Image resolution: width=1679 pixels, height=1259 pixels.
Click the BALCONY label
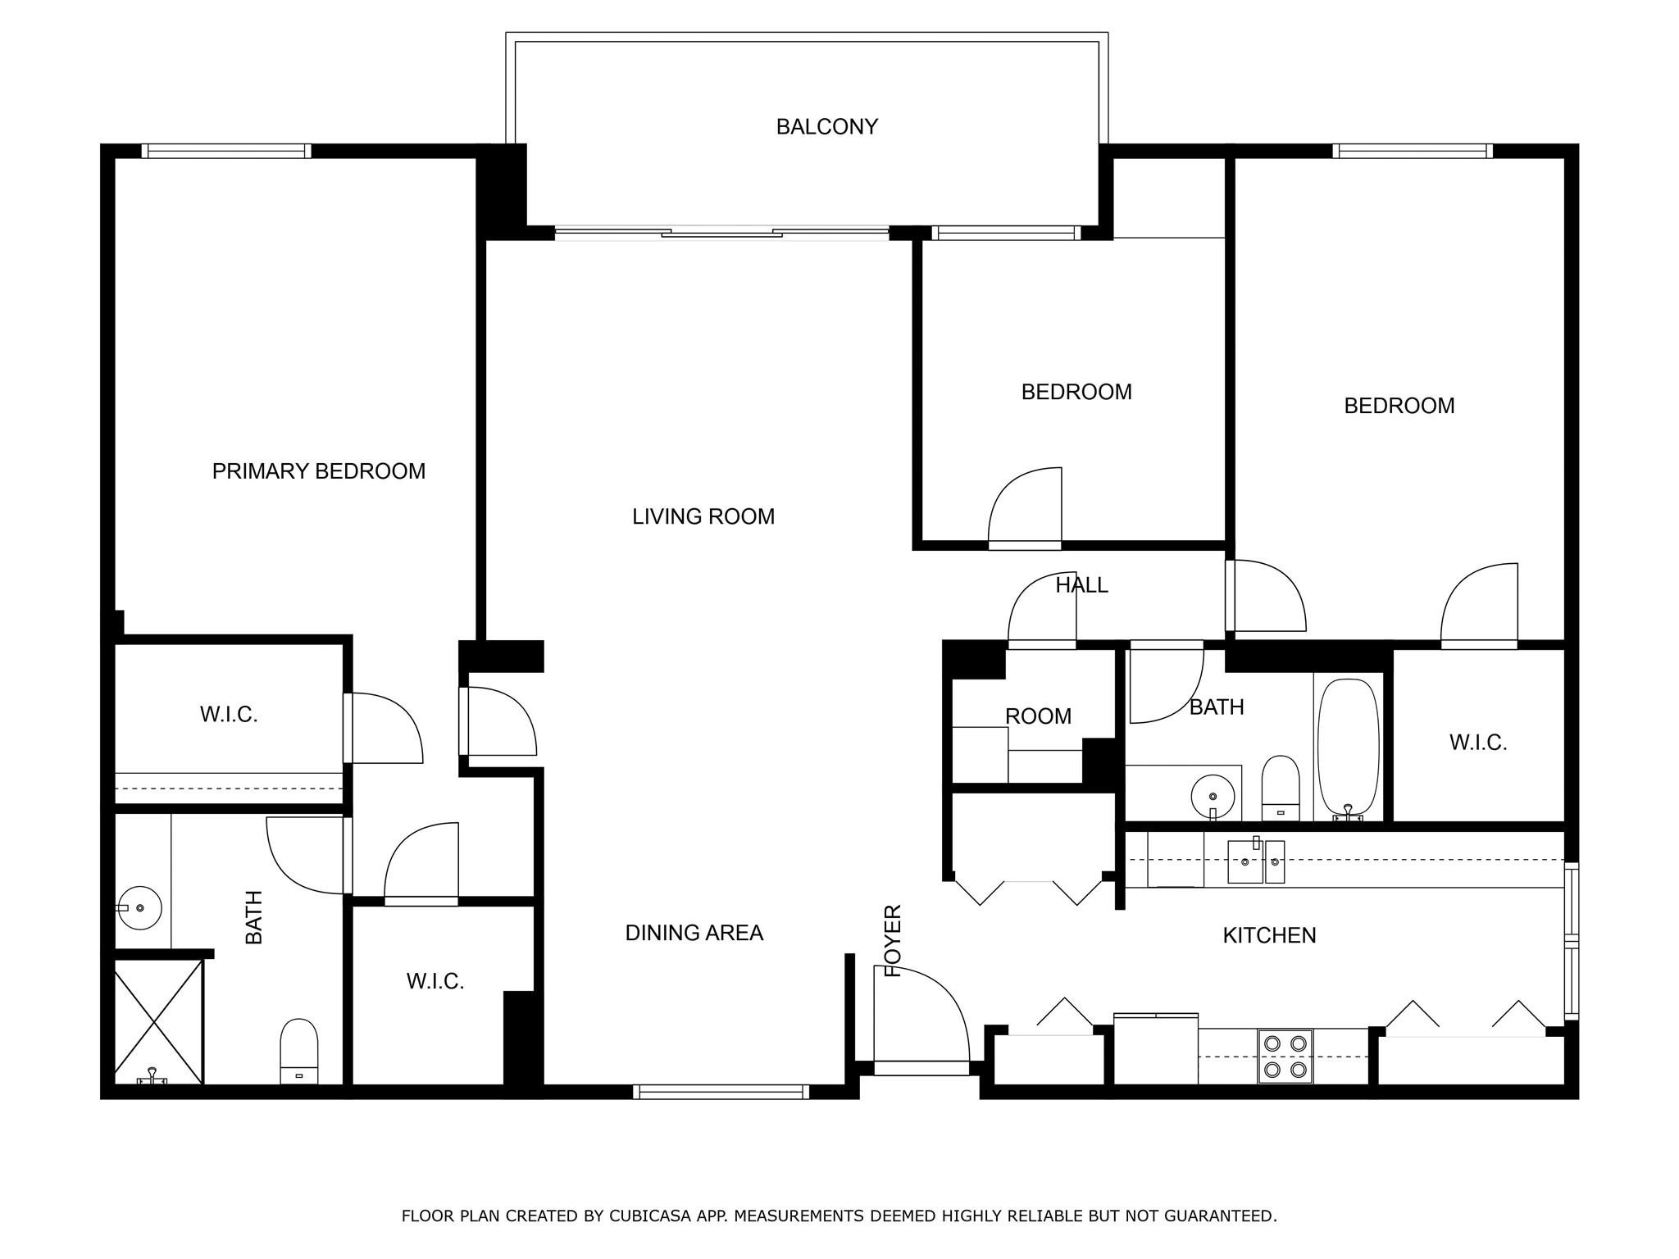click(x=826, y=127)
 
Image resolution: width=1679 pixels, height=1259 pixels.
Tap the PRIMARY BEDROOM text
click(x=318, y=471)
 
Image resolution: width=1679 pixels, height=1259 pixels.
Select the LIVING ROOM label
click(x=703, y=516)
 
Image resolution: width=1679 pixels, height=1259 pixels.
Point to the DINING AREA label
click(x=694, y=933)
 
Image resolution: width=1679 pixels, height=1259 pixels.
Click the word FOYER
click(x=893, y=940)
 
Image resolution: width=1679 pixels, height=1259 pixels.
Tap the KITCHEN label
click(x=1269, y=935)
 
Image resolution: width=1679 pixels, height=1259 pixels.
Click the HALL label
click(x=1081, y=585)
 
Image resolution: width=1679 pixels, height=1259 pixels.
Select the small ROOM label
click(x=1038, y=716)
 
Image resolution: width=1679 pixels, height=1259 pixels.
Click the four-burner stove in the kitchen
click(x=1285, y=1057)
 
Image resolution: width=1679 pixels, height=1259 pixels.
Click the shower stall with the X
click(x=157, y=1020)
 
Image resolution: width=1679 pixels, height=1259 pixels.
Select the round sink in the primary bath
click(x=139, y=907)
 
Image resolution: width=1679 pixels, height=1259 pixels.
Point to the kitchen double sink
click(x=1255, y=861)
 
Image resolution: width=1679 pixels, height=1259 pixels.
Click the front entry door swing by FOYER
click(x=922, y=1016)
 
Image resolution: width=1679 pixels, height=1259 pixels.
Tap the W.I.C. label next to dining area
click(x=435, y=981)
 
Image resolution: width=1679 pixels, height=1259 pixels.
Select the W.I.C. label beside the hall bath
click(x=1478, y=743)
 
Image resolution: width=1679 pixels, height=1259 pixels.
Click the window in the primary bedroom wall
click(x=226, y=151)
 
